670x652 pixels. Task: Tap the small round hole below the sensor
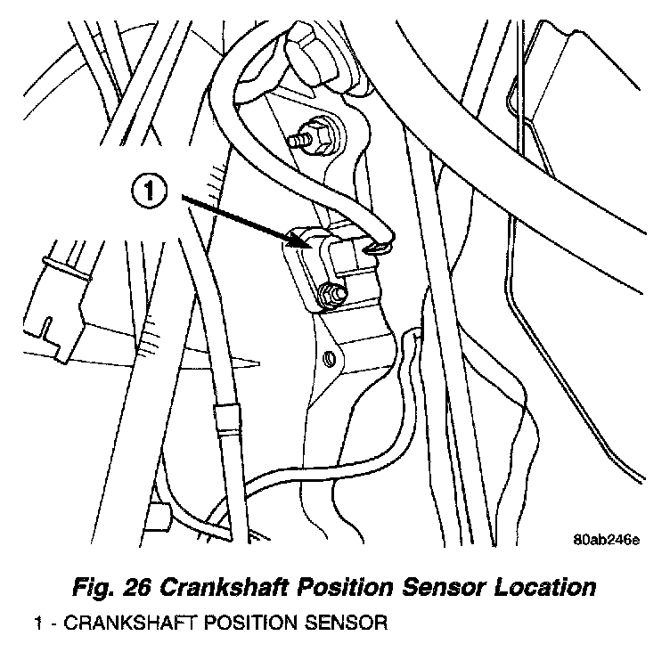(x=330, y=358)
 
